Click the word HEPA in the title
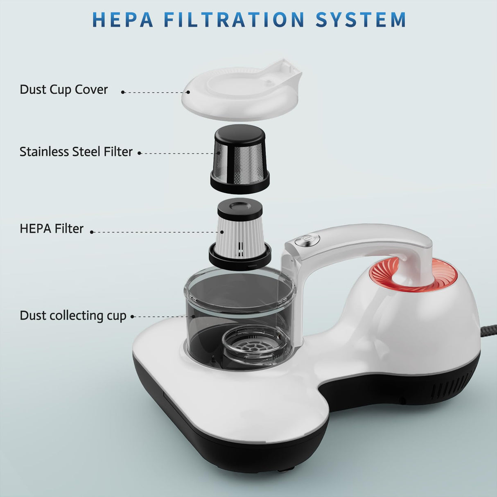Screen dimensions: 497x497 122,19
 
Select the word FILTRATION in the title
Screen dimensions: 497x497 234,19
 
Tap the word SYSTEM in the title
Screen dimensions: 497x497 361,19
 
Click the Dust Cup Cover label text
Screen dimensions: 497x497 64,90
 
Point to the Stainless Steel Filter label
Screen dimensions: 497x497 76,152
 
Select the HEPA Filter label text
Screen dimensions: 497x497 52,229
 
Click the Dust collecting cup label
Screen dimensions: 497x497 73,316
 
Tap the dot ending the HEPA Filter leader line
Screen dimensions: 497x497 92,232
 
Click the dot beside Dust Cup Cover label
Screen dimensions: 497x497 123,93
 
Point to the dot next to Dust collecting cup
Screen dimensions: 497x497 132,316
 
